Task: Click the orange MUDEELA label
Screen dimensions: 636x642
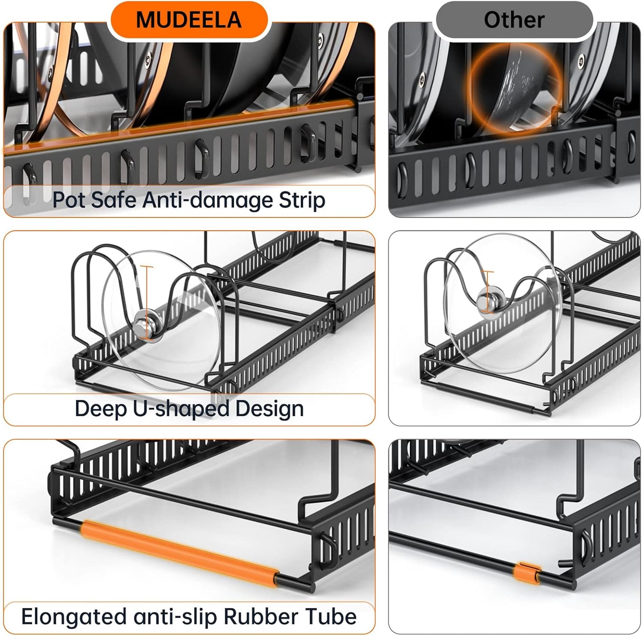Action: click(x=189, y=20)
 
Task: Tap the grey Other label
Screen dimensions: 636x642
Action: click(x=514, y=20)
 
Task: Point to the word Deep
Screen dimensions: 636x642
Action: click(x=100, y=409)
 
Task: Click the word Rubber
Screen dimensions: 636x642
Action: click(x=261, y=617)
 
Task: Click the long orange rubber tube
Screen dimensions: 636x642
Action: click(x=180, y=550)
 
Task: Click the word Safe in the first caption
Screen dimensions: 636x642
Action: click(x=115, y=200)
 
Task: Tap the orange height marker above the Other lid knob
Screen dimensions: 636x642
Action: click(x=488, y=280)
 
